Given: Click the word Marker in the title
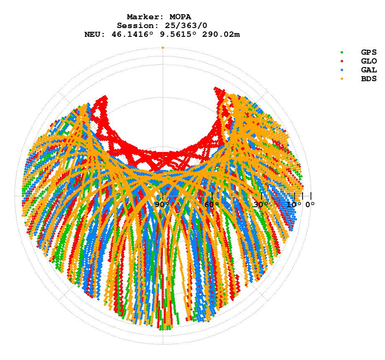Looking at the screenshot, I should click(x=142, y=17).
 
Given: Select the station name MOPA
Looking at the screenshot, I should click(x=180, y=17).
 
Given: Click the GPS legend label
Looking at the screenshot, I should click(x=369, y=52).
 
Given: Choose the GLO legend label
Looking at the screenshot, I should click(x=369, y=61).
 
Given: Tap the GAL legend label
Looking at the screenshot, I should click(x=369, y=70).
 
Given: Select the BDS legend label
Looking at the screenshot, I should click(x=369, y=79).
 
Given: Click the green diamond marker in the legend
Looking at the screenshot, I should click(x=342, y=52).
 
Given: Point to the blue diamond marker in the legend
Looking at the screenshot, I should click(x=342, y=70).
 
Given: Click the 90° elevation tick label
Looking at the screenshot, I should click(x=162, y=205).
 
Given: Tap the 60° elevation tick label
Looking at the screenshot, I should click(x=212, y=205).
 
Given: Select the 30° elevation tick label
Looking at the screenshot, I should click(x=261, y=205).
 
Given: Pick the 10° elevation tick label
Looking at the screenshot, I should click(x=294, y=205).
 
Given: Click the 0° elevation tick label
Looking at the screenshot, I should click(x=310, y=205).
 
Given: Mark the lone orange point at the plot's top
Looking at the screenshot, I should click(x=163, y=48).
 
